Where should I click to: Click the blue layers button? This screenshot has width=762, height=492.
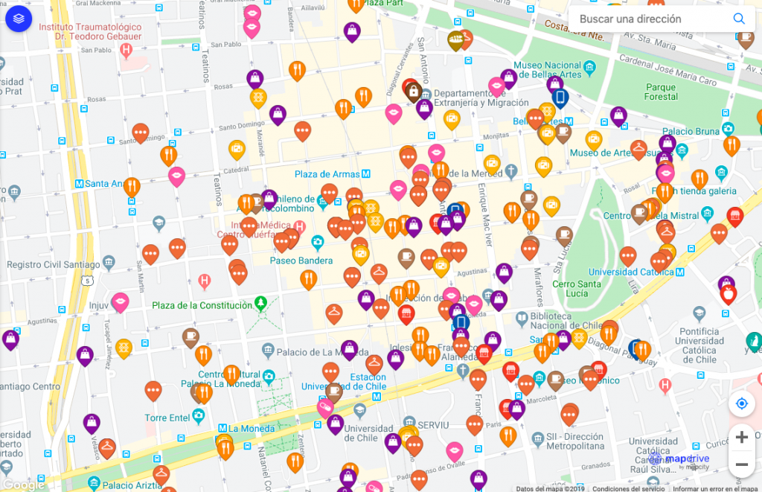19,18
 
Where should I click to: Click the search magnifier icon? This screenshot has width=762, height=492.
738,19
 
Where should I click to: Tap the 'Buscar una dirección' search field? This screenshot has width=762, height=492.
640,19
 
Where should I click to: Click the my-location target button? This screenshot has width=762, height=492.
741,404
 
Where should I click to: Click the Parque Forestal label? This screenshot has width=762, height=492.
661,92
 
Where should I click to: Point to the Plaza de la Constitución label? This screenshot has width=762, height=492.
202,305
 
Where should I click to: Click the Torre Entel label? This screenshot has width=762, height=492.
167,418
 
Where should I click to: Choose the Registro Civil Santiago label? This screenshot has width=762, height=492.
53,265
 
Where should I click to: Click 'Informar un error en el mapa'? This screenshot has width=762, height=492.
715,489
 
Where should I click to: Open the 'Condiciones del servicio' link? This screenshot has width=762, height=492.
629,489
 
